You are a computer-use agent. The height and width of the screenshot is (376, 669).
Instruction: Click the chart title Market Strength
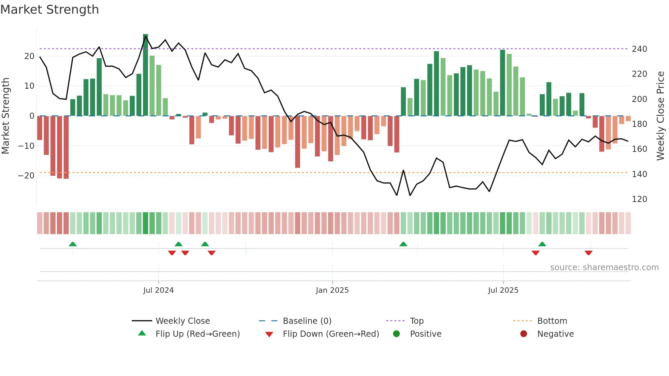(x=49, y=10)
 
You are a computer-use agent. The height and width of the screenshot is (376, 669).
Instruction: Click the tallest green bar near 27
(x=145, y=75)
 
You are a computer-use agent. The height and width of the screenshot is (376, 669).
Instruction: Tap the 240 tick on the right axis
(x=639, y=49)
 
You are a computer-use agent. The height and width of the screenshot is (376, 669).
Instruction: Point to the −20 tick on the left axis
(x=26, y=176)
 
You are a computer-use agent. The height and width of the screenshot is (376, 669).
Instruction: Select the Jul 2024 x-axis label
(x=158, y=290)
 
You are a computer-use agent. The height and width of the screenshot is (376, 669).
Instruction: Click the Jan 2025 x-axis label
(x=332, y=290)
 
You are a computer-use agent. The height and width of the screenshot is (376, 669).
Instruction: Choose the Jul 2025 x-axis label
(x=503, y=290)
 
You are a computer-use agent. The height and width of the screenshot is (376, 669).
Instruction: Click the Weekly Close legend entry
(x=182, y=321)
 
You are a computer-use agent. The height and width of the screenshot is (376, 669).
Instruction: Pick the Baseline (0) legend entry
(x=307, y=321)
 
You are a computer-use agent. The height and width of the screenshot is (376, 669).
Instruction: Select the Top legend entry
(x=416, y=321)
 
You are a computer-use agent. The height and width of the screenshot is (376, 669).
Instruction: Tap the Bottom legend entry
(x=552, y=321)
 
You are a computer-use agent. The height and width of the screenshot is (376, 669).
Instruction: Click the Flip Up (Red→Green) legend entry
(x=197, y=334)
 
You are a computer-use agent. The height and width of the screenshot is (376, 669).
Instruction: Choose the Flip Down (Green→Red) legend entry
(x=330, y=334)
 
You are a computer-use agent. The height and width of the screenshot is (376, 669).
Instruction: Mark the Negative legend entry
(x=555, y=334)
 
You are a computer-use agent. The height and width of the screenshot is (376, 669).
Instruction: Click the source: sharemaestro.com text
(x=604, y=267)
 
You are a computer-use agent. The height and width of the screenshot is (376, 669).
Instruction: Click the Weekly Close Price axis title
(x=660, y=116)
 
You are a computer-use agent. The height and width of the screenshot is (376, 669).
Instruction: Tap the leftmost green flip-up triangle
(x=73, y=244)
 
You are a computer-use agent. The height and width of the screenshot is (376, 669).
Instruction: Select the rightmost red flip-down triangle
(x=588, y=253)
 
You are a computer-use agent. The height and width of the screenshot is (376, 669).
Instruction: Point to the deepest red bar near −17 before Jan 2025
(x=298, y=142)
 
